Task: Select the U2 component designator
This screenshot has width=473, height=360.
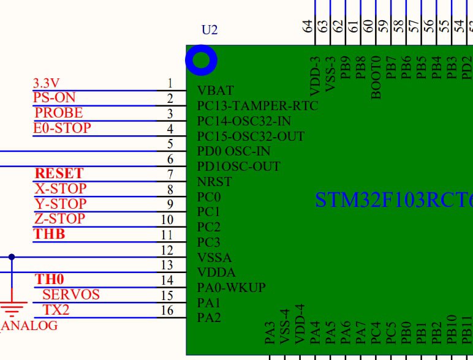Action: (210, 30)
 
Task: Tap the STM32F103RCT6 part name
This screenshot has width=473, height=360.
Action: (394, 200)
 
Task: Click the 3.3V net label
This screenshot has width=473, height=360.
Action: (46, 83)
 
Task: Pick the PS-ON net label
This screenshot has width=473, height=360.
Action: (55, 98)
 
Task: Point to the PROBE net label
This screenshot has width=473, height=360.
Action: (59, 113)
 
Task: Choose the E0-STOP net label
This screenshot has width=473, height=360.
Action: (62, 128)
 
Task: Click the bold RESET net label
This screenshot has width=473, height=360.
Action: (59, 173)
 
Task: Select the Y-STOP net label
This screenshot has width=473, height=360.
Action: (60, 204)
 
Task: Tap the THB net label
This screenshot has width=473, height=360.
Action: (49, 234)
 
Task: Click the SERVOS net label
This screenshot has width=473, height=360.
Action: (71, 294)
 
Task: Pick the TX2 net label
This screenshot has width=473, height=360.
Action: (56, 310)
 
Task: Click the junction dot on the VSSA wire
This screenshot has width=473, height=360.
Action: (12, 257)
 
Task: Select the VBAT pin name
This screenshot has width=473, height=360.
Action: (216, 91)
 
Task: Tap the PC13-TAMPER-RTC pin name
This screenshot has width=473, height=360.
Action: (257, 106)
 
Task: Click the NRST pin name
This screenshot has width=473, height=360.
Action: (214, 182)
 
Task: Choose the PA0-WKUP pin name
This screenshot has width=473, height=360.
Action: (232, 288)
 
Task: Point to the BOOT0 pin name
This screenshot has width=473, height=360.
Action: (376, 78)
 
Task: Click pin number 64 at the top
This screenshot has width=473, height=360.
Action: (307, 26)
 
